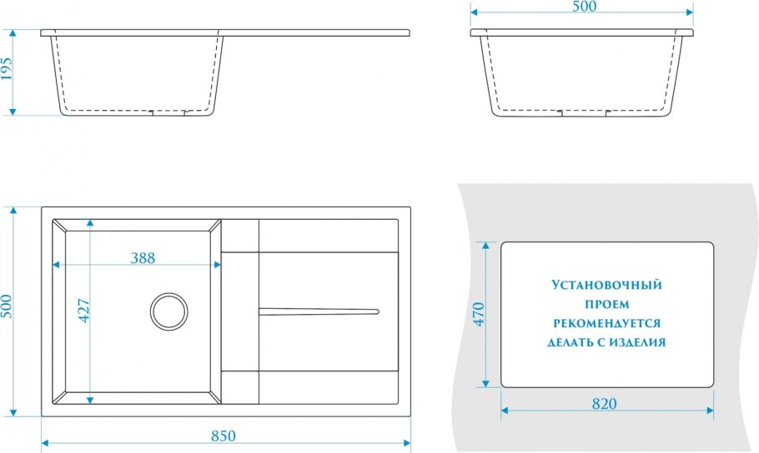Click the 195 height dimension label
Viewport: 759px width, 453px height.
(8, 72)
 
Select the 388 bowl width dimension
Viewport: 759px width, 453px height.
(143, 257)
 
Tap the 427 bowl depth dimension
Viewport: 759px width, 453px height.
(83, 310)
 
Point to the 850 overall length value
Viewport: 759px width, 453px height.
(224, 436)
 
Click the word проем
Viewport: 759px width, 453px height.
(606, 304)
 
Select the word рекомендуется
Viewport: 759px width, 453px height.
(606, 323)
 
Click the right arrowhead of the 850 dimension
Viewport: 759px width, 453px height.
(409, 443)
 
